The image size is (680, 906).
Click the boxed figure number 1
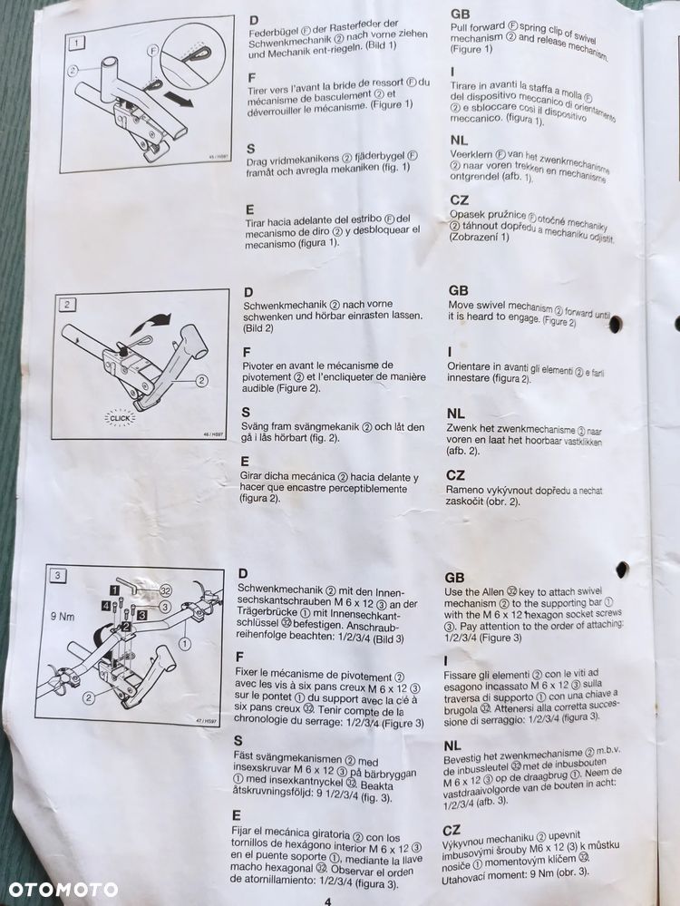[x=79, y=41]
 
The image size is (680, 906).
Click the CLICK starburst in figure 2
[x=120, y=418]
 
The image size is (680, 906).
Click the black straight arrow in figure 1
[x=180, y=101]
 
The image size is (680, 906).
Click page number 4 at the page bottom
[x=328, y=900]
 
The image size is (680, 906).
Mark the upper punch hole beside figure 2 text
[x=616, y=324]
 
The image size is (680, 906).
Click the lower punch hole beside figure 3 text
[x=622, y=570]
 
